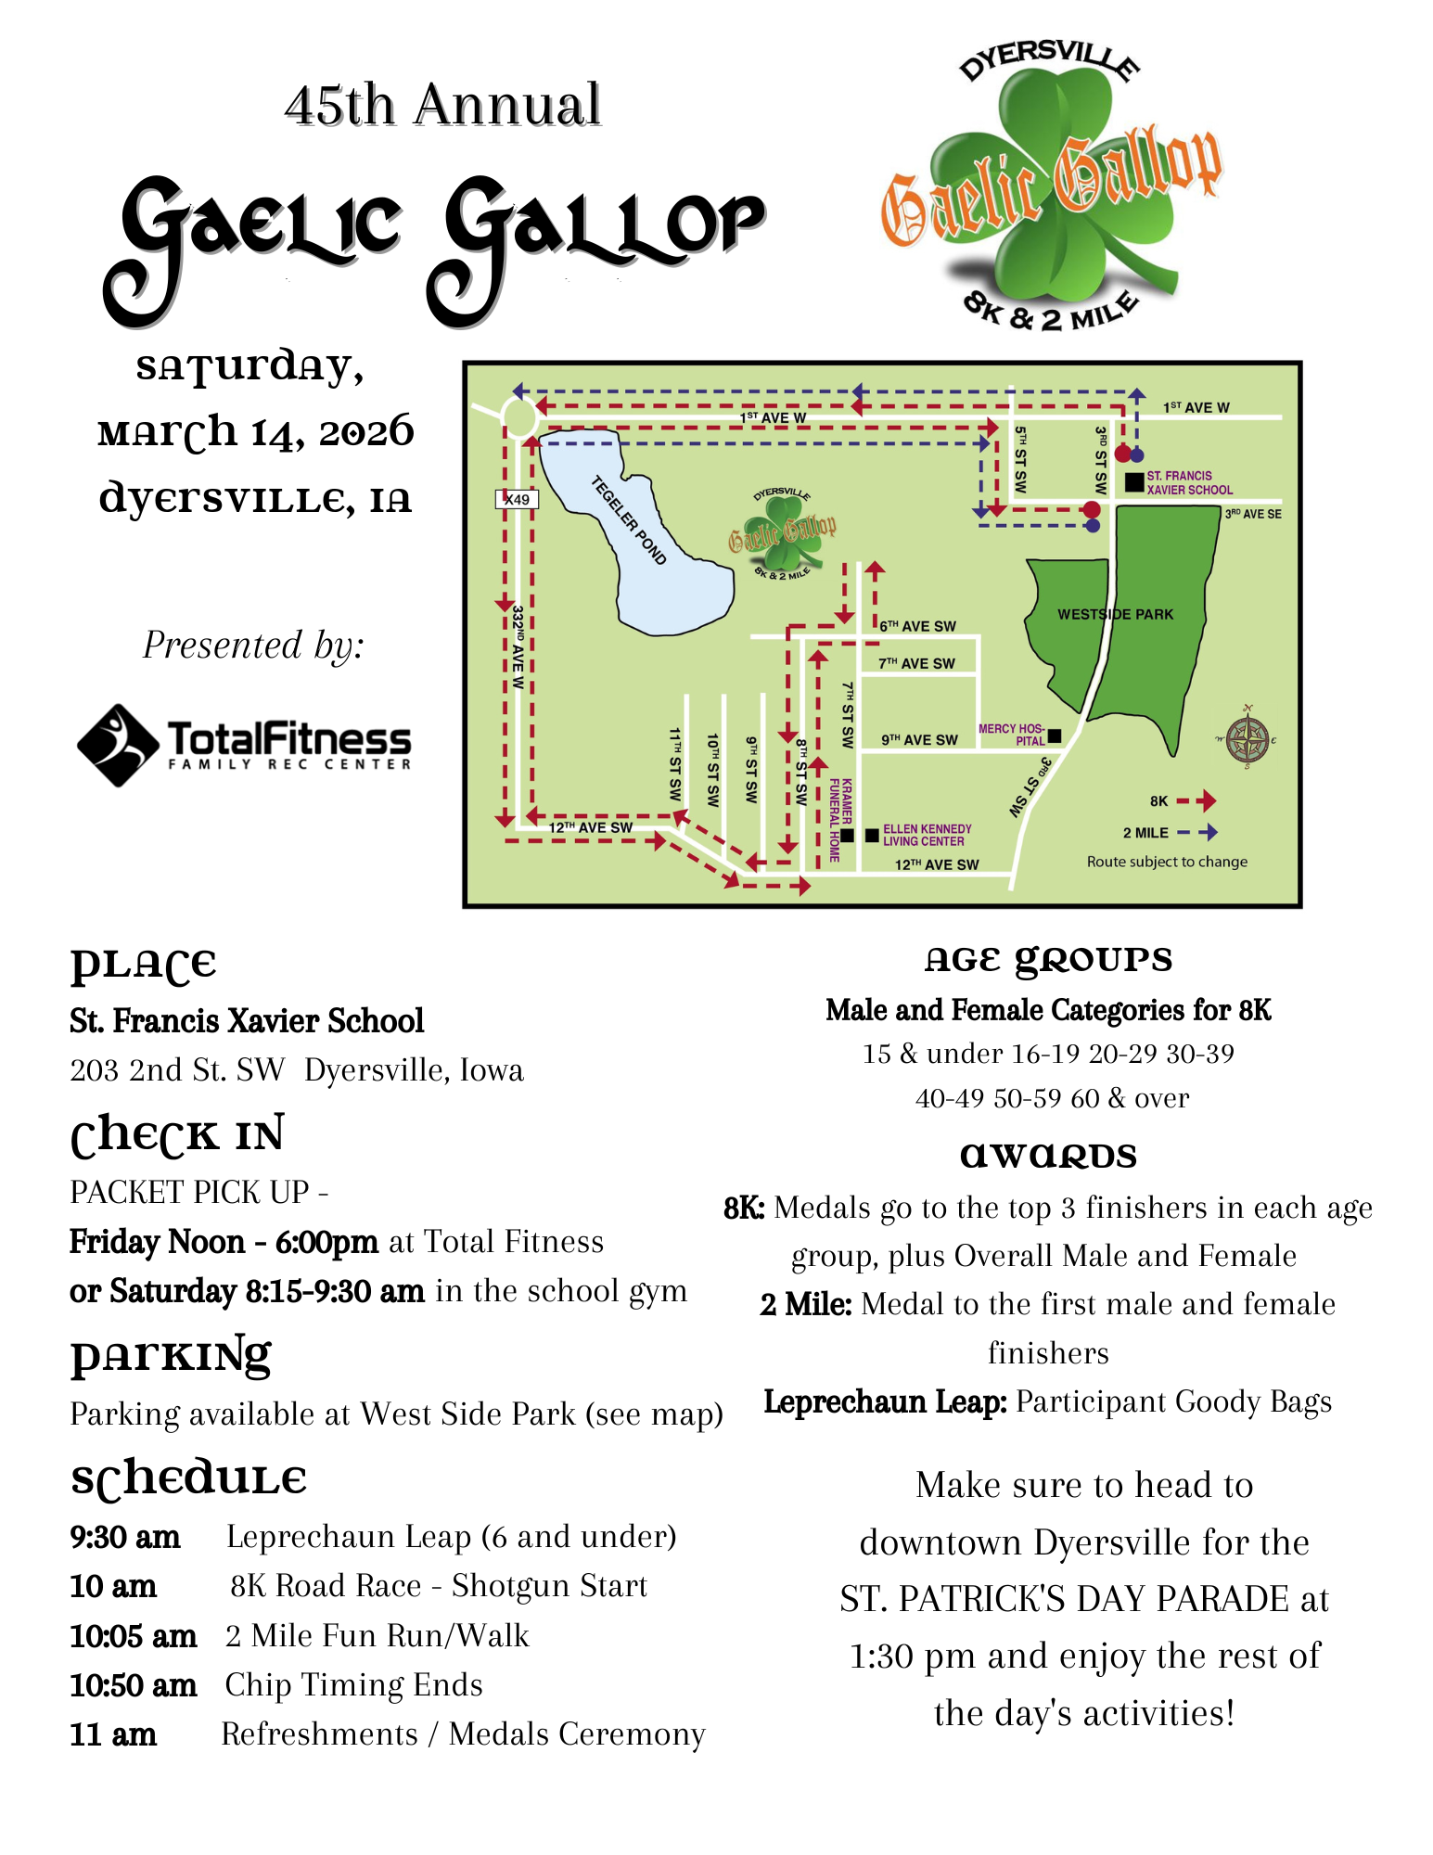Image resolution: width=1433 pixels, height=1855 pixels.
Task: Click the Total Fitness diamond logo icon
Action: (x=118, y=745)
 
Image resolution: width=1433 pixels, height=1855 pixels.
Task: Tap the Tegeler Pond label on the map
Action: (x=629, y=519)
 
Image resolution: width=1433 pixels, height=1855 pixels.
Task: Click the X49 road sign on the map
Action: (x=517, y=499)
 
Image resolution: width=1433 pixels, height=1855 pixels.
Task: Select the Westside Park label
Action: (x=1115, y=614)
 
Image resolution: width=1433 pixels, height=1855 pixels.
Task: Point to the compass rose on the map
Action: (x=1247, y=739)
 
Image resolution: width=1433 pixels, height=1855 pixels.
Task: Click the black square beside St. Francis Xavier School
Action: (x=1133, y=482)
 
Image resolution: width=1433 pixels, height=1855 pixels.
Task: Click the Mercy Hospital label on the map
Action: (x=1012, y=735)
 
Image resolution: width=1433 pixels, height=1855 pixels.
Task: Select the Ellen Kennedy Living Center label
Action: (x=927, y=835)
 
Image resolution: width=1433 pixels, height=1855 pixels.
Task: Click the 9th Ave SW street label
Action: (x=919, y=739)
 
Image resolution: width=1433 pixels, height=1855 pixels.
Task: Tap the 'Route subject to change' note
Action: (x=1167, y=862)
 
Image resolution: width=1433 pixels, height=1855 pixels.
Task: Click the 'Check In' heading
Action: (x=177, y=1135)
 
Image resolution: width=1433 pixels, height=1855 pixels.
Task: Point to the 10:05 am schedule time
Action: (x=133, y=1635)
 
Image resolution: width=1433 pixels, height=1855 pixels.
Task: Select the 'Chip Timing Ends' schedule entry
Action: (x=353, y=1684)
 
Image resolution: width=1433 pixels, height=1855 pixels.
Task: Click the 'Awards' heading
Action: (x=1048, y=1156)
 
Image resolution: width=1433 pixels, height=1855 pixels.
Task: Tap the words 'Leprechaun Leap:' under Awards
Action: (x=885, y=1401)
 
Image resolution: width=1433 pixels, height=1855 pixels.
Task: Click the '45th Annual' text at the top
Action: (x=442, y=104)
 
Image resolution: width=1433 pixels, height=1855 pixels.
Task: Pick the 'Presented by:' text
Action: (x=253, y=645)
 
